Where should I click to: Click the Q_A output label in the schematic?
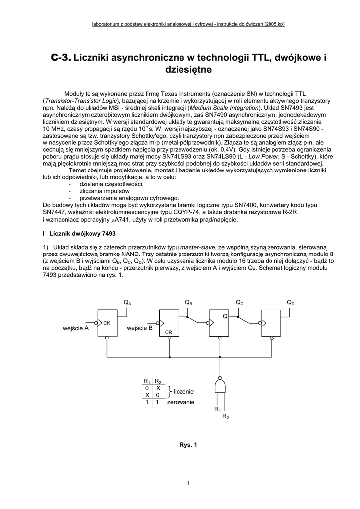click(x=127, y=303)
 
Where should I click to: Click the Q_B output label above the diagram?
click(x=188, y=303)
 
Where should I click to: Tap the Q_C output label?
click(x=239, y=303)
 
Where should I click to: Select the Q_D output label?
click(x=290, y=303)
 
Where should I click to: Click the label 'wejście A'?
click(x=76, y=328)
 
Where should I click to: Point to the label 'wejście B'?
click(x=140, y=328)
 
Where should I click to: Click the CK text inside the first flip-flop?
click(x=106, y=323)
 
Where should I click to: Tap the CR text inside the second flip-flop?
click(x=168, y=331)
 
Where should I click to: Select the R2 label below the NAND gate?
click(x=225, y=416)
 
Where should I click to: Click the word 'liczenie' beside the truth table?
click(x=183, y=392)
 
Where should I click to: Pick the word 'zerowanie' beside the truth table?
click(x=180, y=402)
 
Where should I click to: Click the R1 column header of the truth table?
click(x=147, y=381)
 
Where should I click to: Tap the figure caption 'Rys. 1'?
click(x=188, y=445)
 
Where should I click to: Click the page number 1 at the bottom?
click(x=188, y=483)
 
